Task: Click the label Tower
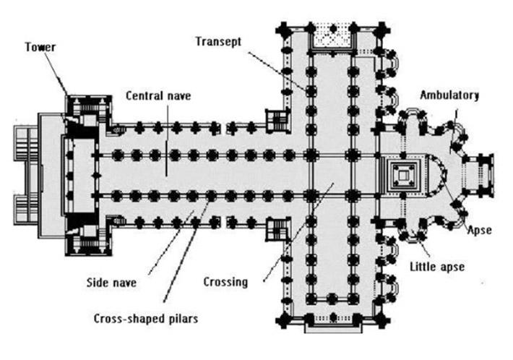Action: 40,47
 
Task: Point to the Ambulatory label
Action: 451,95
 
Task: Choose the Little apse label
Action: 436,266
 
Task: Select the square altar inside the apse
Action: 401,174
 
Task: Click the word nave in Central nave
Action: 176,95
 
